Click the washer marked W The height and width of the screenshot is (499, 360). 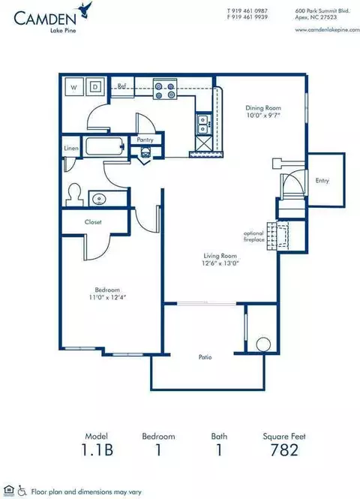point(74,87)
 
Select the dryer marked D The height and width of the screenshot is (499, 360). point(95,87)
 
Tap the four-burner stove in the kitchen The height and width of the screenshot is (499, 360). point(165,90)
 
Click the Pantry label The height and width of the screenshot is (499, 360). point(145,140)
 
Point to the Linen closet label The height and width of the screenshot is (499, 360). point(71,149)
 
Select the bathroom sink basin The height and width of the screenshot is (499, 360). point(99,199)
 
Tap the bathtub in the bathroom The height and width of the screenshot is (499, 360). point(104,148)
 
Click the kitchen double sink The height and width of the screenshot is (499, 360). point(202,124)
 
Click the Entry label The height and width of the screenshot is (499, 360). point(322,180)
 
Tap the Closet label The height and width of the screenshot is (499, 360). point(92,222)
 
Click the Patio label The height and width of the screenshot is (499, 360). point(205,357)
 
